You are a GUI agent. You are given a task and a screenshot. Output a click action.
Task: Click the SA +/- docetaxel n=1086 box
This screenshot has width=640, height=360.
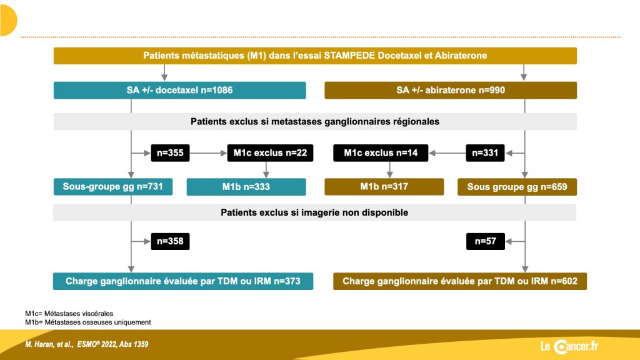(x=179, y=90)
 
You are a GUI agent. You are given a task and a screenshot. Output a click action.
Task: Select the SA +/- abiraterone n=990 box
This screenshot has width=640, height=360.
(x=451, y=90)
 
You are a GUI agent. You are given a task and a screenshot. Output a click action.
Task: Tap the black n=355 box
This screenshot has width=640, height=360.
(x=170, y=153)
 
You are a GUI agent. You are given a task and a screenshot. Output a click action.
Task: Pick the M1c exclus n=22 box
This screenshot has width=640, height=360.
(x=270, y=153)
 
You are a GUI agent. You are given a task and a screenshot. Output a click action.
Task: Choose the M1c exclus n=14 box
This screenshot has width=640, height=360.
(x=381, y=153)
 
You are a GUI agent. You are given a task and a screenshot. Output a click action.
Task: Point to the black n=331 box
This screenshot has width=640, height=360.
(x=485, y=153)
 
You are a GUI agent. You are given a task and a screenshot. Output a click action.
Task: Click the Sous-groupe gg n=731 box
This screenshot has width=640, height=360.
(x=113, y=187)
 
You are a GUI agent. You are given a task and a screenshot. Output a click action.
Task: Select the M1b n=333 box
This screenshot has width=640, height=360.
(x=246, y=187)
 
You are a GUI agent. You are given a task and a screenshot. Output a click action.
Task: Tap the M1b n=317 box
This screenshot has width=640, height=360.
(x=384, y=187)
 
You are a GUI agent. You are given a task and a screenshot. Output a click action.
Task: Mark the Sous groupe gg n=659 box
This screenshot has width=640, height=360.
(x=517, y=187)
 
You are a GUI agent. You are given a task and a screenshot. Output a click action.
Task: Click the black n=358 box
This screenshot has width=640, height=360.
(x=170, y=241)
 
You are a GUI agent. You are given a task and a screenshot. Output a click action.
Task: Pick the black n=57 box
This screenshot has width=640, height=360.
(x=486, y=241)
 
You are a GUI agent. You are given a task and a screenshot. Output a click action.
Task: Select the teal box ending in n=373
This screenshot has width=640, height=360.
(x=183, y=281)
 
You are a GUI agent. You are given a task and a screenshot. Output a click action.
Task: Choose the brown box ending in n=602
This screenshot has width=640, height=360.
(x=460, y=281)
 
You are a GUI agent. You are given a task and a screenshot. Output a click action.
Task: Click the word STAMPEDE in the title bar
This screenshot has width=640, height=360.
(x=349, y=56)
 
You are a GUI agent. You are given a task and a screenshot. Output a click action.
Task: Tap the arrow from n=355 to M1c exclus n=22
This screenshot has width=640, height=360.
(x=209, y=153)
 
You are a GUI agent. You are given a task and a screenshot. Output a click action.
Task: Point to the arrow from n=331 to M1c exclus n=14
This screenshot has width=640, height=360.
(x=447, y=153)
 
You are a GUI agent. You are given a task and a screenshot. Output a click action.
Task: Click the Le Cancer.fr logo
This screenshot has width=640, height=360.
(x=569, y=346)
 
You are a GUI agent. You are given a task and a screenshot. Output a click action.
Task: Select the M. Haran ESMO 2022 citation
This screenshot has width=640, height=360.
(x=86, y=344)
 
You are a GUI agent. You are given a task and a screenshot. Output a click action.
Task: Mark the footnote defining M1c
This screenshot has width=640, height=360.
(x=69, y=314)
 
